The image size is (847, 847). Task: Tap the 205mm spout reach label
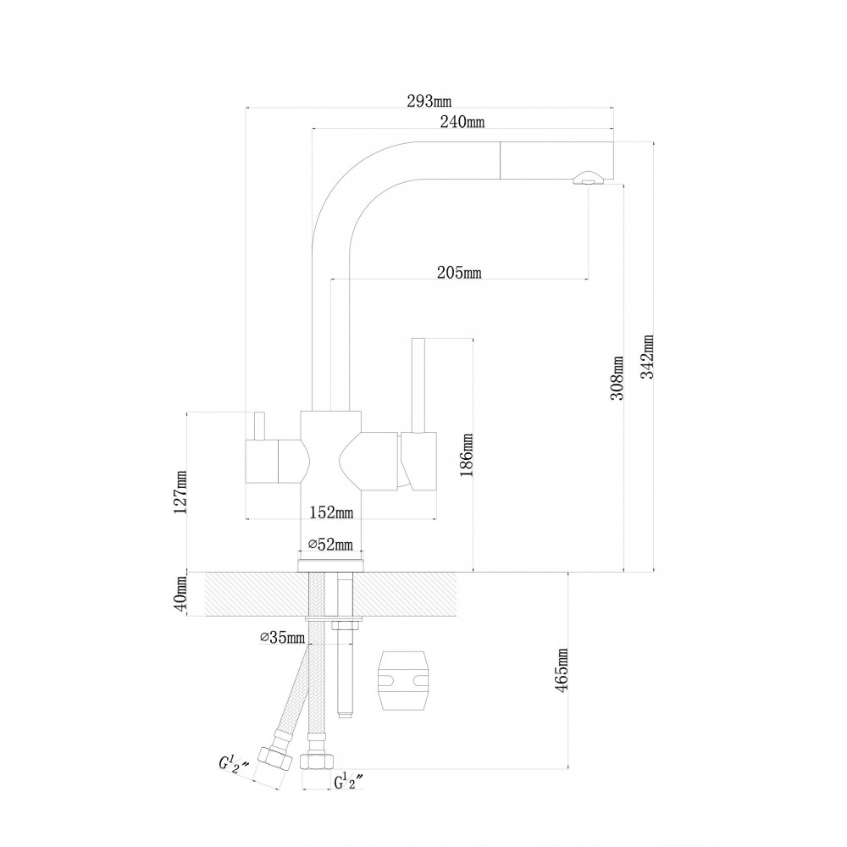click(x=459, y=272)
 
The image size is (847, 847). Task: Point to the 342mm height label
click(x=647, y=357)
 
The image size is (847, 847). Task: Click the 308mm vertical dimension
click(x=617, y=378)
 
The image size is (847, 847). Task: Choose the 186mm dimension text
click(x=466, y=455)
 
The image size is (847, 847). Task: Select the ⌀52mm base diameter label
click(x=330, y=544)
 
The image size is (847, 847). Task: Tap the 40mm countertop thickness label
click(x=180, y=593)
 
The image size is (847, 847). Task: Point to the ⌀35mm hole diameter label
click(x=282, y=638)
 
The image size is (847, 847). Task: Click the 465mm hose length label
click(x=561, y=670)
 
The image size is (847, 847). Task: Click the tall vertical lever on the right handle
click(x=418, y=385)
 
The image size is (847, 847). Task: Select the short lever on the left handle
click(x=259, y=427)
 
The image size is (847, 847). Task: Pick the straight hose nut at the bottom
click(x=317, y=759)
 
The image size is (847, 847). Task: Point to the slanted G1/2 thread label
click(x=234, y=764)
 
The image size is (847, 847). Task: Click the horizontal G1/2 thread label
click(x=349, y=782)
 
